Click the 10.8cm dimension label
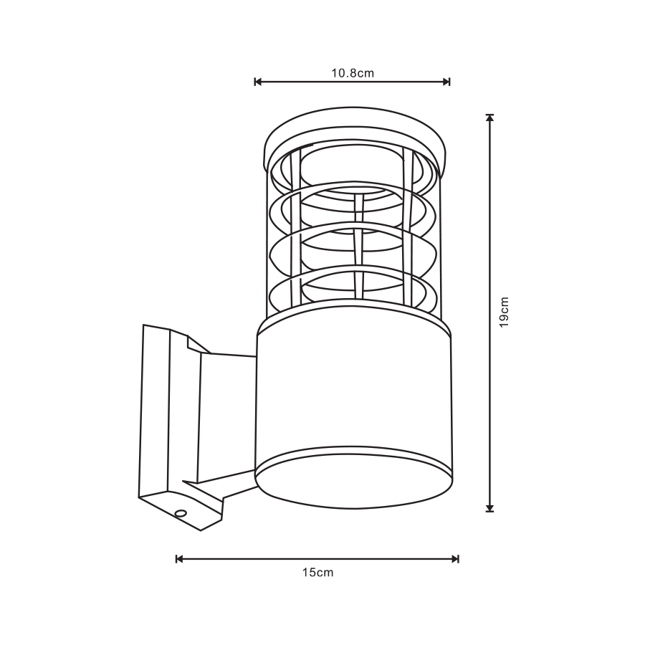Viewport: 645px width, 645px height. pos(353,72)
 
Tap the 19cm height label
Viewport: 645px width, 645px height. pos(505,312)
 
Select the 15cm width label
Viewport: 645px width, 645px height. pos(317,573)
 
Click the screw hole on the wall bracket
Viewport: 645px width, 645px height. pos(181,513)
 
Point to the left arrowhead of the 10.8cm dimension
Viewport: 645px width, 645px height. pos(258,82)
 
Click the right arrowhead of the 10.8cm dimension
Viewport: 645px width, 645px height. pos(446,82)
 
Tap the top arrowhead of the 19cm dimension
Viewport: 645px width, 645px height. pos(490,118)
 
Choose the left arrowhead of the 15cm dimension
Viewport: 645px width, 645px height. pos(179,558)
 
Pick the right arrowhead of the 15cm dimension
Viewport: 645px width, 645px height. pos(455,558)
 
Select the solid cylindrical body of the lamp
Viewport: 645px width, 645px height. pos(353,394)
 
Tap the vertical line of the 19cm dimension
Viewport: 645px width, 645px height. pos(490,215)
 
